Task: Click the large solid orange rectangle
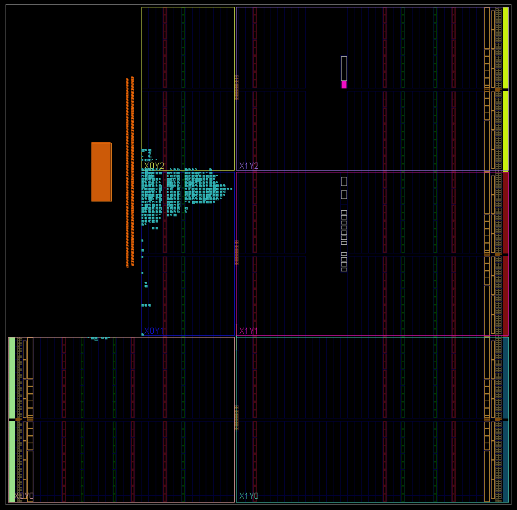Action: click(x=101, y=172)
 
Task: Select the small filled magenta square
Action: click(x=344, y=85)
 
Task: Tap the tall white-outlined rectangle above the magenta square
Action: click(x=344, y=68)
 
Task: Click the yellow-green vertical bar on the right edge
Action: click(x=505, y=88)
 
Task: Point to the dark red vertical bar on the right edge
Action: click(x=505, y=253)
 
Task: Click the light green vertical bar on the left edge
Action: click(x=12, y=419)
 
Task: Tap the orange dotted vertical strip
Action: click(x=129, y=172)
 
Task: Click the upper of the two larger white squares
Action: click(x=344, y=181)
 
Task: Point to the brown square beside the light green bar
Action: click(x=19, y=420)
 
